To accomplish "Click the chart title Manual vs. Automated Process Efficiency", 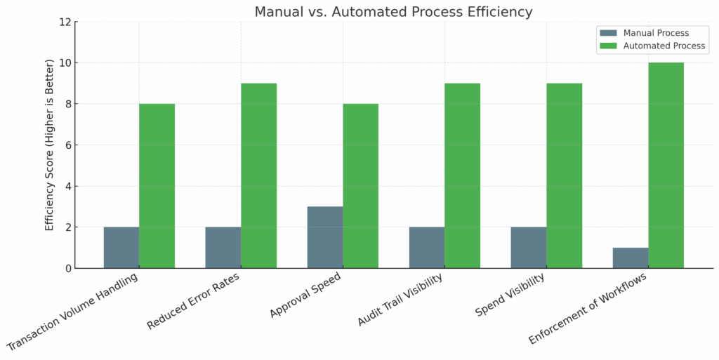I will (393, 12).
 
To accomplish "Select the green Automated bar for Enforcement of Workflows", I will (666, 166).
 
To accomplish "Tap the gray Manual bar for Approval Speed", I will (325, 237).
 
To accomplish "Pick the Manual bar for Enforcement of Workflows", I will (631, 258).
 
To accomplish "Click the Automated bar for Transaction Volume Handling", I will (157, 186).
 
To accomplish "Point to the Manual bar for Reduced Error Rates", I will (223, 248).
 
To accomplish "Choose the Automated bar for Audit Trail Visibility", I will (462, 175).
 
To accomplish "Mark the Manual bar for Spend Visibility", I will (529, 248).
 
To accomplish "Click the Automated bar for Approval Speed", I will (360, 186).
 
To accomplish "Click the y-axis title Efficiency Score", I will (50, 145).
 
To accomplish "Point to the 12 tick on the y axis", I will (65, 22).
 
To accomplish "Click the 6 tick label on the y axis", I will (68, 145).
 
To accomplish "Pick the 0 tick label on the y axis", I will (68, 268).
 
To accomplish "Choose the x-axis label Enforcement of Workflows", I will (587, 307).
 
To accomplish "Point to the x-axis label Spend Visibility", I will (510, 294).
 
